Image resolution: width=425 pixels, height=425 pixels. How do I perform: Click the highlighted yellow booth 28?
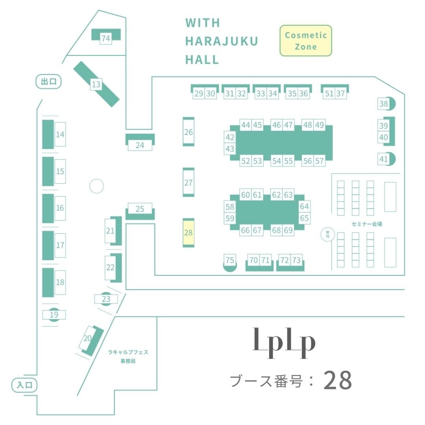[188, 233]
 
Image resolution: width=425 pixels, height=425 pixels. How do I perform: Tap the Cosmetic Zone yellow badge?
[306, 41]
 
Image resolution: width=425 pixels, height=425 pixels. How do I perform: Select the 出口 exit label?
[49, 81]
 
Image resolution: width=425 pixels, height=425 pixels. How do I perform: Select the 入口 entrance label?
[24, 385]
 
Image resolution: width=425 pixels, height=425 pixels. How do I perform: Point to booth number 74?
[105, 38]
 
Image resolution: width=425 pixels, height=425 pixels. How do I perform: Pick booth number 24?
[140, 145]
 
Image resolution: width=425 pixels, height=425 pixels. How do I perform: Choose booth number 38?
[383, 104]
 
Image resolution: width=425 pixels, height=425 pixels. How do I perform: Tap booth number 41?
[383, 159]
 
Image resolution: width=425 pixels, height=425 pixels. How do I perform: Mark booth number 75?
[230, 260]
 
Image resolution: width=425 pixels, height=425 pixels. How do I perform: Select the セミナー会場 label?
[367, 224]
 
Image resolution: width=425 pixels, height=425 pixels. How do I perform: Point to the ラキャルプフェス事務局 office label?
[128, 357]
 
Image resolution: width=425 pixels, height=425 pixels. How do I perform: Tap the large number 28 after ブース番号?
[338, 381]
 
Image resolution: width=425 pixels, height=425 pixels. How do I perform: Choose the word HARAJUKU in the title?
[222, 41]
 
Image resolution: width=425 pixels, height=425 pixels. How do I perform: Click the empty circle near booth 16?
[96, 186]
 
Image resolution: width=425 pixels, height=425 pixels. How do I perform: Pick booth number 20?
[88, 338]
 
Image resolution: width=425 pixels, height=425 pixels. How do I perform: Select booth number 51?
[329, 94]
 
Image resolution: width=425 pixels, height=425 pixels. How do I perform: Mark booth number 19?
[54, 314]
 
